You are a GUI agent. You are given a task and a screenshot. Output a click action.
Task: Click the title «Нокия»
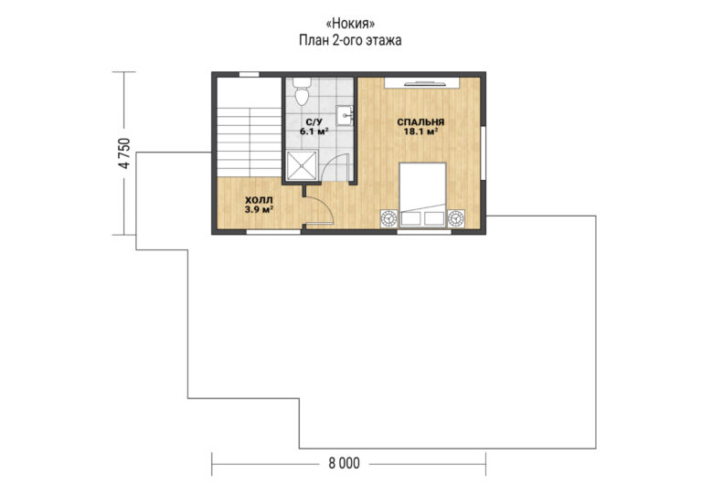point(350,23)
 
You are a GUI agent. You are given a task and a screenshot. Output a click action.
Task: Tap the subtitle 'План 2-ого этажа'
point(350,40)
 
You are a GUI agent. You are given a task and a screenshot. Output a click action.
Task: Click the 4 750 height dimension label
point(124,153)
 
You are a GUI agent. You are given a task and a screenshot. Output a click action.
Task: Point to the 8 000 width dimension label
point(344,463)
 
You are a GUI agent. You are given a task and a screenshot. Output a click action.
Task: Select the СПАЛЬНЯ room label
point(420,122)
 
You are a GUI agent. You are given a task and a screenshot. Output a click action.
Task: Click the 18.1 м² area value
point(420,132)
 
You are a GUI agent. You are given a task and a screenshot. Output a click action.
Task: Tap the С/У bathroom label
point(314,122)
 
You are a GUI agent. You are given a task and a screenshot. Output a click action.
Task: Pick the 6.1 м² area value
point(314,132)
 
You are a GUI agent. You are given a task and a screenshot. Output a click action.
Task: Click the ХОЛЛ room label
point(259,200)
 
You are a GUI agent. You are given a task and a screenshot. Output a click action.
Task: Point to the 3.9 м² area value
point(259,209)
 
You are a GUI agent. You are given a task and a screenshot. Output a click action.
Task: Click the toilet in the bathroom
point(303,90)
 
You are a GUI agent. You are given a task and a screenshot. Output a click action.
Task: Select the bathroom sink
point(345,116)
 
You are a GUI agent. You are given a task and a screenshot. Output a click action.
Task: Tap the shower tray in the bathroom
point(303,166)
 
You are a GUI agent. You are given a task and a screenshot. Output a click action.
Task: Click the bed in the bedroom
point(422,195)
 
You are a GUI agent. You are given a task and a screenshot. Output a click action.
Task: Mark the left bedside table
point(388,218)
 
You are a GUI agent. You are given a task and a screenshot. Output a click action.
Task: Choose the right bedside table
point(456,218)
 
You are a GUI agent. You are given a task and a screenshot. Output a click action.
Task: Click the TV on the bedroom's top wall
point(424,83)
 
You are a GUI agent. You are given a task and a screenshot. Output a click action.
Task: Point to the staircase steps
point(249,142)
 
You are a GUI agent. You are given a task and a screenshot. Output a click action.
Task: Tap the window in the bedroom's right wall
point(483,153)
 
